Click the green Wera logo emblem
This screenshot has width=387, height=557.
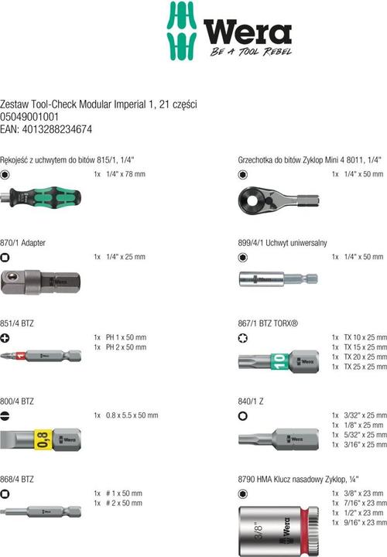pyautogui.click(x=182, y=31)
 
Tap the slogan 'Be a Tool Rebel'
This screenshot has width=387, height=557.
pyautogui.click(x=251, y=52)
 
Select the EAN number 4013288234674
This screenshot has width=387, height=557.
pyautogui.click(x=57, y=129)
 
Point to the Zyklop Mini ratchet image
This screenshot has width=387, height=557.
pyautogui.click(x=279, y=200)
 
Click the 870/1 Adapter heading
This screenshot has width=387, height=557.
pyautogui.click(x=22, y=243)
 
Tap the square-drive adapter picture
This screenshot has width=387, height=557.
pyautogui.click(x=40, y=282)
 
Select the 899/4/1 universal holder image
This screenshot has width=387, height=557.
pyautogui.click(x=278, y=279)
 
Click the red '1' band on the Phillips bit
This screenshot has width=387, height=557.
pyautogui.click(x=21, y=355)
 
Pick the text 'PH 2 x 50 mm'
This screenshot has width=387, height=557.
pyautogui.click(x=126, y=347)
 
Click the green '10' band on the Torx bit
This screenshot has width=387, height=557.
pyautogui.click(x=279, y=361)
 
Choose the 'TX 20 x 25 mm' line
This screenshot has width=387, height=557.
pyautogui.click(x=365, y=357)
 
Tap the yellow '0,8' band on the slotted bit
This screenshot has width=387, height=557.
pyautogui.click(x=43, y=439)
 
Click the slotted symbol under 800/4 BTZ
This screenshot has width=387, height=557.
pyautogui.click(x=5, y=416)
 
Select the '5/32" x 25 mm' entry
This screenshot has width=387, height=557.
pyautogui.click(x=365, y=435)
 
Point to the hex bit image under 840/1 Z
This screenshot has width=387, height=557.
pyautogui.click(x=279, y=439)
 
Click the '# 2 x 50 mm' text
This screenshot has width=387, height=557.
pyautogui.click(x=124, y=503)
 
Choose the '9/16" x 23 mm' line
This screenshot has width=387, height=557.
pyautogui.click(x=365, y=522)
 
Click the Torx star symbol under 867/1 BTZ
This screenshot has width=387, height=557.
pyautogui.click(x=243, y=338)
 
